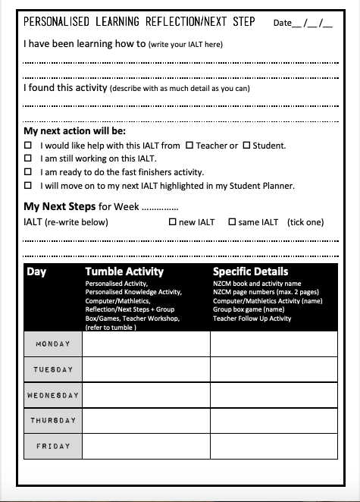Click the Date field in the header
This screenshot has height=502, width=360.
[x=302, y=23]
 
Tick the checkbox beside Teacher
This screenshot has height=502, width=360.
[x=189, y=146]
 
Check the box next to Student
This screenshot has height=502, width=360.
[x=246, y=146]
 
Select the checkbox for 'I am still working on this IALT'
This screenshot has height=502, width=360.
[x=28, y=158]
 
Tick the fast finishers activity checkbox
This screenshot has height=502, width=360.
[x=28, y=172]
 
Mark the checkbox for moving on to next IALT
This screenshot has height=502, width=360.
[x=28, y=185]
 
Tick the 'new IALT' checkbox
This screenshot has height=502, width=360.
[x=172, y=222]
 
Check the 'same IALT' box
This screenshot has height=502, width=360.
[x=233, y=222]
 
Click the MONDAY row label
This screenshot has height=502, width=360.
[x=52, y=344]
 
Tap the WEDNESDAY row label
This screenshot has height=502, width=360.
[x=52, y=395]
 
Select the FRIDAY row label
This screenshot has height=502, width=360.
[x=52, y=446]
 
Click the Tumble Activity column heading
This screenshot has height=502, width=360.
[x=124, y=271]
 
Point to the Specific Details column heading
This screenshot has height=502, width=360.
[x=250, y=271]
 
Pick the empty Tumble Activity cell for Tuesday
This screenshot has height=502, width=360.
[x=146, y=369]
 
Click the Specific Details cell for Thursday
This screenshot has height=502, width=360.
[x=274, y=420]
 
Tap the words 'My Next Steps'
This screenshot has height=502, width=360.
[x=59, y=206]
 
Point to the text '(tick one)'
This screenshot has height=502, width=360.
[x=305, y=222]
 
